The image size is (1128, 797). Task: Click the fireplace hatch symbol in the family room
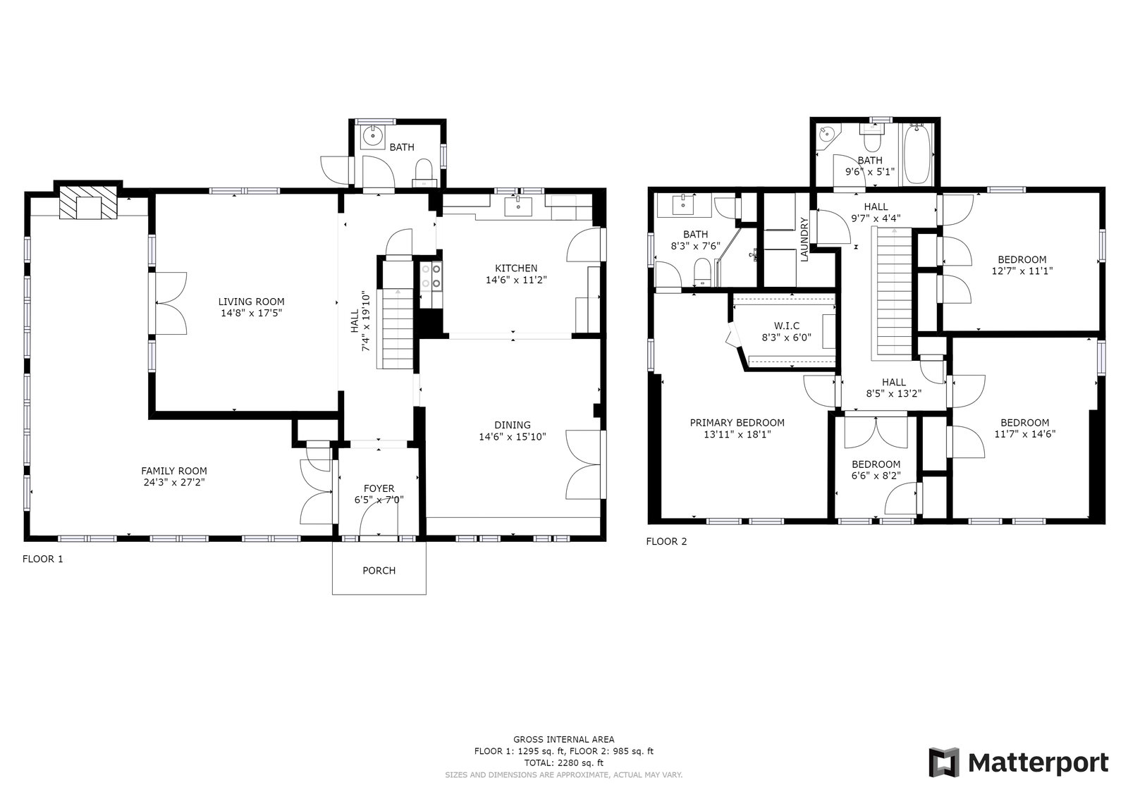[x=89, y=202]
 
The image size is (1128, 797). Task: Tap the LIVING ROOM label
[x=251, y=302]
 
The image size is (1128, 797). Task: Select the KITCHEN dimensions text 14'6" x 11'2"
[x=516, y=280]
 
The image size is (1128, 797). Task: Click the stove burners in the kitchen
[x=431, y=277]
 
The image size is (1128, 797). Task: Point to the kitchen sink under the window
[x=518, y=206]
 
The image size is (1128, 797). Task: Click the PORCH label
[x=379, y=570]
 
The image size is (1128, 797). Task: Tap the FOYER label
[x=379, y=488]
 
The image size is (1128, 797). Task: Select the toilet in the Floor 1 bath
[x=424, y=173]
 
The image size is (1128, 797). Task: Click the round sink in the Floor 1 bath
[x=373, y=135]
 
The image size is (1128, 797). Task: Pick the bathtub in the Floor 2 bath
[x=917, y=154]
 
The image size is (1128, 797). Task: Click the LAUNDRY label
[x=804, y=240]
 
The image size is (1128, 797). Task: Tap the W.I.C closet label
[x=787, y=326]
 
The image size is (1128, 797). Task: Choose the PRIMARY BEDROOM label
[x=737, y=423]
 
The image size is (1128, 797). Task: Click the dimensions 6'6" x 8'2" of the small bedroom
[x=876, y=475]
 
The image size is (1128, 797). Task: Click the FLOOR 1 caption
[x=43, y=559]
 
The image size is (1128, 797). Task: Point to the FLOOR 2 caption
[x=666, y=541]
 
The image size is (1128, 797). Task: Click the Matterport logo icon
[x=944, y=762]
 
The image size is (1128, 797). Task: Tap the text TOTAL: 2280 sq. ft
[x=564, y=762]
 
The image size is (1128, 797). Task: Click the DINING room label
[x=513, y=425]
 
